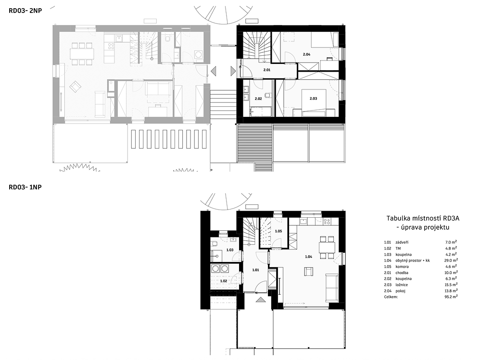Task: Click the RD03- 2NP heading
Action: tap(25, 11)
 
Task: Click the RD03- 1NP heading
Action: tap(25, 187)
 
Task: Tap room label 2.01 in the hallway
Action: tap(267, 70)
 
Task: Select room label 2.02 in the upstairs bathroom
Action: tap(258, 99)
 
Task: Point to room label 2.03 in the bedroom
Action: tap(313, 99)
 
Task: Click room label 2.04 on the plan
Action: tap(306, 54)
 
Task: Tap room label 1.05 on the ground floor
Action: tap(278, 231)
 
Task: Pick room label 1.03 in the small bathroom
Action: tap(230, 250)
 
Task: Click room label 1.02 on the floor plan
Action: tap(224, 281)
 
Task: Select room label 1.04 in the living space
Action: tap(308, 257)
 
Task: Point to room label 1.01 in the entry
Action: tap(255, 270)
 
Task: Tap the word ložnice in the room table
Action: tap(402, 285)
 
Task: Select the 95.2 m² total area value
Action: tap(452, 297)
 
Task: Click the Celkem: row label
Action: tap(391, 297)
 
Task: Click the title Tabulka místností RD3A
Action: tap(423, 218)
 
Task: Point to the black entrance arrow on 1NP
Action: tap(260, 300)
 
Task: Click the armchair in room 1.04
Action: tap(309, 271)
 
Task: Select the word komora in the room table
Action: tap(402, 267)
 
